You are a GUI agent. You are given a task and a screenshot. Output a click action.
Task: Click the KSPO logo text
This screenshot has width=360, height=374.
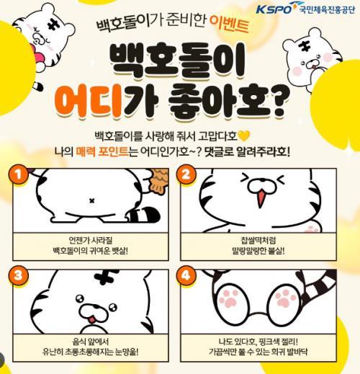(274, 9)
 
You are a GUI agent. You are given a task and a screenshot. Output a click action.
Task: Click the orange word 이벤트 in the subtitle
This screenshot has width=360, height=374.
(228, 25)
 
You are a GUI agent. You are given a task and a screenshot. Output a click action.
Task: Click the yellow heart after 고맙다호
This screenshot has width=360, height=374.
(244, 136)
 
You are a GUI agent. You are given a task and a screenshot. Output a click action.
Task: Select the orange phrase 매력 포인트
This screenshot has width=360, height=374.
(102, 151)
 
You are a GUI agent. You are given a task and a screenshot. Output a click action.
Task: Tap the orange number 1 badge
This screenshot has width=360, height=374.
(18, 174)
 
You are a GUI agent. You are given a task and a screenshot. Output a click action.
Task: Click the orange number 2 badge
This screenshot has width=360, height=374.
(186, 174)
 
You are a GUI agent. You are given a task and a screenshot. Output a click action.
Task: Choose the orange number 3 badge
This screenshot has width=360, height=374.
(18, 275)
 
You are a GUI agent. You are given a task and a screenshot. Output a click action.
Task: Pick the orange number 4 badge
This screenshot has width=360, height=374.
(186, 275)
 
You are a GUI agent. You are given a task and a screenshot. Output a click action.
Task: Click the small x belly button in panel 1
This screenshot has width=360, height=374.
(91, 201)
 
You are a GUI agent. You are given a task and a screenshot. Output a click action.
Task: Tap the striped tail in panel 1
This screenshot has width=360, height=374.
(143, 215)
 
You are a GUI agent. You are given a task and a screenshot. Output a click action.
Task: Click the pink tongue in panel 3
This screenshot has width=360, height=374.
(92, 320)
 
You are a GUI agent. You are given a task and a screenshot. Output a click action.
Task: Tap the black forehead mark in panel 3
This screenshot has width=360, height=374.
(107, 275)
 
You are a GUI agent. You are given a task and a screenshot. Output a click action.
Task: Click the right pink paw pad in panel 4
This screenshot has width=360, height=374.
(285, 298)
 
